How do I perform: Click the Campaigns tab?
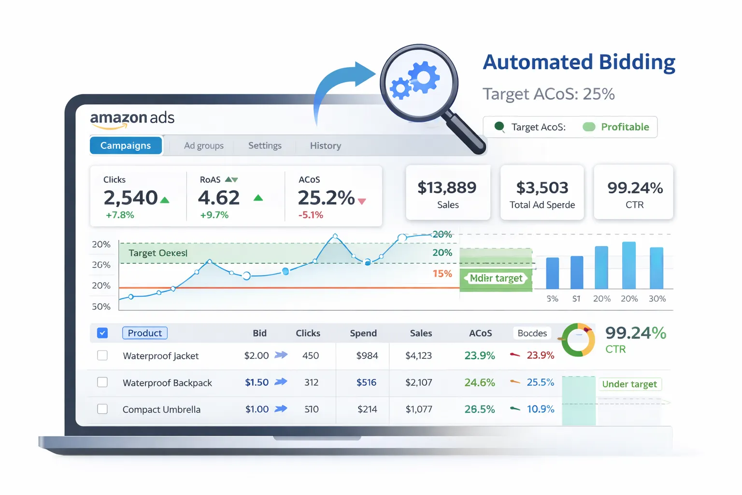pos(126,146)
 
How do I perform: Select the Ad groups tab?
pos(203,146)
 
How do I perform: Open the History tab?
pos(325,146)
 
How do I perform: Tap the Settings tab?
pos(265,146)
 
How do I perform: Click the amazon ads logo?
pos(132,119)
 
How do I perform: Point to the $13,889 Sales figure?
pos(447,188)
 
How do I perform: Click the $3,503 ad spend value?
pos(542,188)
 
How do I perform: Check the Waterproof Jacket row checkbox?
pos(102,355)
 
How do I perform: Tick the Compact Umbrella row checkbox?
pos(102,409)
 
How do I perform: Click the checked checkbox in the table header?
pos(102,333)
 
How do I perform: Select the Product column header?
pos(145,333)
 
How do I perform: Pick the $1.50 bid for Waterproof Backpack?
pos(257,382)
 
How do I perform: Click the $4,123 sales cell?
pos(418,356)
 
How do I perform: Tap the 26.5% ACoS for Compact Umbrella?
pos(479,409)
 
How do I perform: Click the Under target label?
pos(629,384)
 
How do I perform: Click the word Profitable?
pos(625,127)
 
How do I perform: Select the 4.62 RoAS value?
pos(219,198)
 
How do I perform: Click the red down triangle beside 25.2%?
pos(362,202)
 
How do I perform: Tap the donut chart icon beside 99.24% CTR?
pos(579,340)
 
